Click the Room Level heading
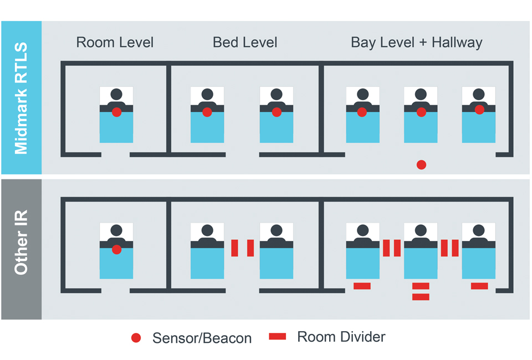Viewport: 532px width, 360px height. pyautogui.click(x=115, y=43)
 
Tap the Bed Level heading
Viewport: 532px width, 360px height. pyautogui.click(x=245, y=43)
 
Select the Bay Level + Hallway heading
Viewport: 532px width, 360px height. pyautogui.click(x=417, y=43)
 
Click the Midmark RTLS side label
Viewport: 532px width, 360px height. pyautogui.click(x=21, y=97)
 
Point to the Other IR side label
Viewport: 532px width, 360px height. pyautogui.click(x=21, y=249)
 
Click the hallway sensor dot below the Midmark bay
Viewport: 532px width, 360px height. pyautogui.click(x=421, y=164)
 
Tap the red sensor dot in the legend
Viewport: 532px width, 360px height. pyautogui.click(x=136, y=338)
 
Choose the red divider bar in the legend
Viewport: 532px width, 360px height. pyautogui.click(x=277, y=337)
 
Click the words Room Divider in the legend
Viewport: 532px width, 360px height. pyautogui.click(x=341, y=337)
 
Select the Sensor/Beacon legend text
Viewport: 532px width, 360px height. pyautogui.click(x=202, y=338)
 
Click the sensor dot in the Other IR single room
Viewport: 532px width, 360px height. pyautogui.click(x=116, y=250)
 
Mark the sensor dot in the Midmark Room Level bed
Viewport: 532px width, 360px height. pyautogui.click(x=116, y=112)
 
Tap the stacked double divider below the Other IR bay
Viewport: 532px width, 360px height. pyautogui.click(x=421, y=291)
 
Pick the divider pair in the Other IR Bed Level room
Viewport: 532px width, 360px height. pyautogui.click(x=242, y=248)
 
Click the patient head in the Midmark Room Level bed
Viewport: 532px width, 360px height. pyautogui.click(x=116, y=94)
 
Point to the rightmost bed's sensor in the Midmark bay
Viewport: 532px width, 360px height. pyautogui.click(x=479, y=110)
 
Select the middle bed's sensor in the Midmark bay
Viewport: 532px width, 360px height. pyautogui.click(x=421, y=112)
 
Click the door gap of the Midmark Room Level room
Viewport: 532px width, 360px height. pyautogui.click(x=115, y=154)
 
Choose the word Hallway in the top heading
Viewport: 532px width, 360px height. pyautogui.click(x=457, y=43)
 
